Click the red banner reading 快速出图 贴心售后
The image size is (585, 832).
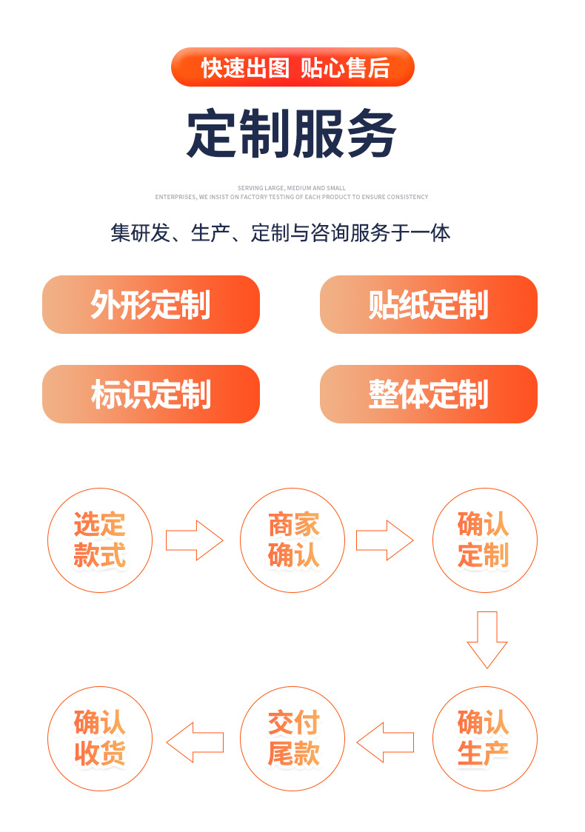[x=292, y=67]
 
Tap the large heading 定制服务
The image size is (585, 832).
[x=292, y=134]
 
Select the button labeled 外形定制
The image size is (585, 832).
[x=151, y=304]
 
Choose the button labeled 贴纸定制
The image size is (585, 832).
[x=428, y=304]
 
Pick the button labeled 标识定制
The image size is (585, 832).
[x=151, y=394]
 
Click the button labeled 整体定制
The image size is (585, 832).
[x=428, y=394]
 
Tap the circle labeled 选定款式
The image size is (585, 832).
[x=100, y=540]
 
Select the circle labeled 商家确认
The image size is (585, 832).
[x=293, y=540]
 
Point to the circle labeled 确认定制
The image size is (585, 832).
[x=485, y=540]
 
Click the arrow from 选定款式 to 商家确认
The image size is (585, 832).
[x=194, y=540]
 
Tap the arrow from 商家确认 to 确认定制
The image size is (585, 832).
[x=384, y=540]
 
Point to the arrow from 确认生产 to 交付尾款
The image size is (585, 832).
[x=385, y=742]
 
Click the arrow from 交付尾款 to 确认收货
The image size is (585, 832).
[x=195, y=742]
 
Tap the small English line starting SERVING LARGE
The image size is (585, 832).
[x=292, y=188]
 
